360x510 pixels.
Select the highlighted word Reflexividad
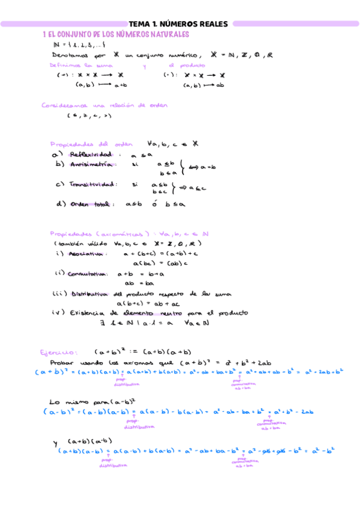91,155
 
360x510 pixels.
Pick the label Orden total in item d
91,204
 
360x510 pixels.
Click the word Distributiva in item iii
89,294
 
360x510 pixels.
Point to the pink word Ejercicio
58,352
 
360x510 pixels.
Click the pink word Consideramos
61,105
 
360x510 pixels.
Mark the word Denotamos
70,55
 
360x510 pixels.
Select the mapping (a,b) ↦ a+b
101,85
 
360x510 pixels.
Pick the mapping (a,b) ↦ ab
204,85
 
